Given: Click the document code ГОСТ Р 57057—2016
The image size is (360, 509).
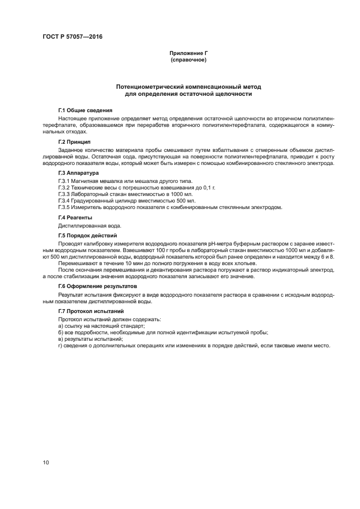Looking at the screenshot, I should (x=72, y=37).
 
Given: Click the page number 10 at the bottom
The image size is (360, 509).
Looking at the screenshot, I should (x=46, y=462).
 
